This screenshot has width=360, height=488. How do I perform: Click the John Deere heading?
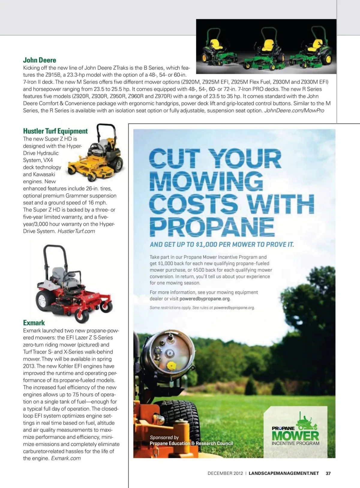40,60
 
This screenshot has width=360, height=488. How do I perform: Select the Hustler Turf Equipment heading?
55,131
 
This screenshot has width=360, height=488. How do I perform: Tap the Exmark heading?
34,323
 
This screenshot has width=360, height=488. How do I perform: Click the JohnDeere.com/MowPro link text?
294,110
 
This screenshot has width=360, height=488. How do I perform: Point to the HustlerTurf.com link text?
76,231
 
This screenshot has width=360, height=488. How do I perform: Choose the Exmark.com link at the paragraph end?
66,458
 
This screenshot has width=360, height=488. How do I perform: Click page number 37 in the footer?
328,473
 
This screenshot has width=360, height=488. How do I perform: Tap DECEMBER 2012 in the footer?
225,473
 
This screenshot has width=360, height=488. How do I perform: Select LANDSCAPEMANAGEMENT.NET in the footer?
284,473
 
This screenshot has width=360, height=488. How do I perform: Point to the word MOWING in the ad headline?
206,181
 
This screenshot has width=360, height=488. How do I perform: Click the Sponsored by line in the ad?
164,437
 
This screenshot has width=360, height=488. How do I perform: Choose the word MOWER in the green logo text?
295,436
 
